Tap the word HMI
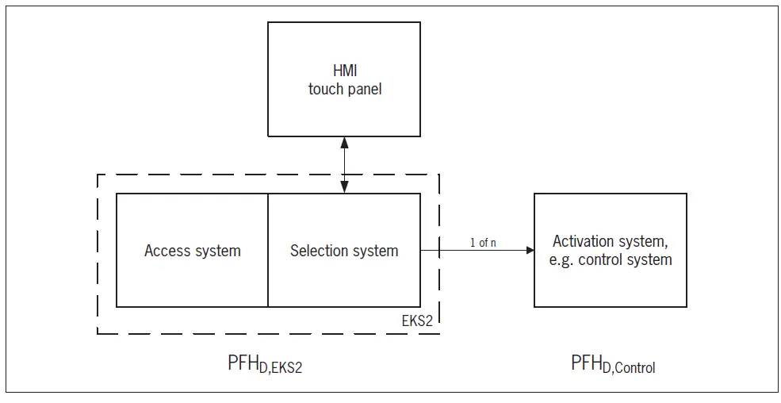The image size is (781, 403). coord(344,71)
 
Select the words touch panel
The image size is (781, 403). coord(345,89)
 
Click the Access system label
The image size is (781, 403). coord(193,251)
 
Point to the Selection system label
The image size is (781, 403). coord(344,251)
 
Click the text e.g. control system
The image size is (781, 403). coord(611,259)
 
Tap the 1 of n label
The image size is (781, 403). coord(483,242)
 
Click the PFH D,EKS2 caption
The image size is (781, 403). coord(265,365)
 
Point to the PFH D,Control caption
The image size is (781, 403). coord(613,364)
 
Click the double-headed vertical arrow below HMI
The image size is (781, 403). coord(344,165)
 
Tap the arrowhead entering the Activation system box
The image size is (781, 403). coord(529,251)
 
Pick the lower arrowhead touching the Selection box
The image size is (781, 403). coord(344,188)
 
